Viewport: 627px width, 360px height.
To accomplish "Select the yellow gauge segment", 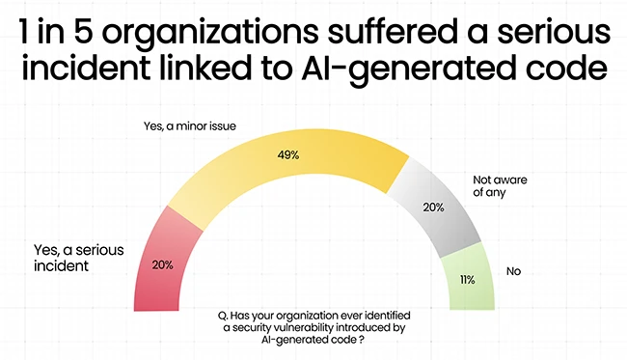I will tap(289, 169).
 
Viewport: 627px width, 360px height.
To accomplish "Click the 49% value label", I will tap(289, 155).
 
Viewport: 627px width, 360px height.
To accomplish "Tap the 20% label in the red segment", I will tap(162, 264).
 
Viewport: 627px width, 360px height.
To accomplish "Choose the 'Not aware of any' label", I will tap(503, 185).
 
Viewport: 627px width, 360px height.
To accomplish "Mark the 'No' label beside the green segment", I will tap(513, 272).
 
